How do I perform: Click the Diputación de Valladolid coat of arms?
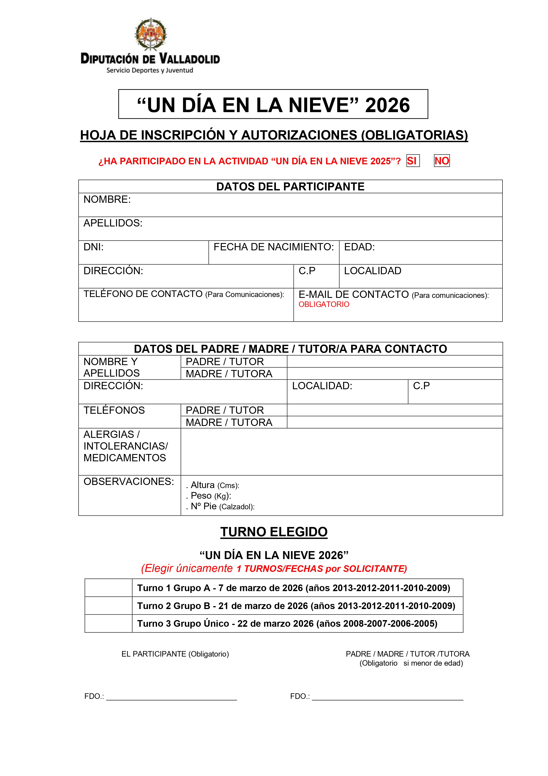(151, 34)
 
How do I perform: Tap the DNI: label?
(93, 247)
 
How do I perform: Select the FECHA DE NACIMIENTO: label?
(273, 247)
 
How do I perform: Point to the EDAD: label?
(359, 247)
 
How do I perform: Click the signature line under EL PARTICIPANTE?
(172, 697)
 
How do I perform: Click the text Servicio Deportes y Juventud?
(150, 70)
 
